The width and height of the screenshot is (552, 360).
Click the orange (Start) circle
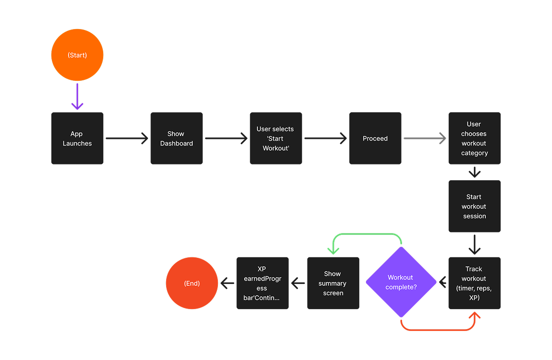(x=77, y=55)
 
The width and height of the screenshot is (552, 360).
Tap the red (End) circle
(x=192, y=283)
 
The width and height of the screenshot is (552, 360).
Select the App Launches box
(x=77, y=138)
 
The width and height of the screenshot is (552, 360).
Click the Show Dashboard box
(x=177, y=138)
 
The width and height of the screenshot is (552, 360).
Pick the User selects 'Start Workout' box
(x=276, y=138)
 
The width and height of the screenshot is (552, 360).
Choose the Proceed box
(x=375, y=138)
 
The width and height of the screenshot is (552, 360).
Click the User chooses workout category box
(x=474, y=138)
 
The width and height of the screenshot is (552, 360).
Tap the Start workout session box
(x=474, y=206)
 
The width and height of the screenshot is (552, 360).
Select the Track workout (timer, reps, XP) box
(x=474, y=283)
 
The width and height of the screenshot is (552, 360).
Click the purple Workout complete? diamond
(x=401, y=282)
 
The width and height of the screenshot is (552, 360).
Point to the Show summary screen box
(x=333, y=283)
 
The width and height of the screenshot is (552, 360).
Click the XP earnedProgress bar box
(x=263, y=283)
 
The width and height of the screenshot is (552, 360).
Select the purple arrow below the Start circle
(x=77, y=97)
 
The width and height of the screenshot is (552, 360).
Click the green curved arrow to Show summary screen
(x=366, y=234)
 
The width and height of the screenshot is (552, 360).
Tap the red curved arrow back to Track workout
(x=438, y=329)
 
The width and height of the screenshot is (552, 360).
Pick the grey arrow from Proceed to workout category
(x=424, y=138)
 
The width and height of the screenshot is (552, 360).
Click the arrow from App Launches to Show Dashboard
(x=127, y=138)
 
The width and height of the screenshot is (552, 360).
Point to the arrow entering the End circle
(x=227, y=283)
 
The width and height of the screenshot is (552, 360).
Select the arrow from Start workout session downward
(x=474, y=244)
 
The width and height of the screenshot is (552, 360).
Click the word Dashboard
(x=177, y=143)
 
